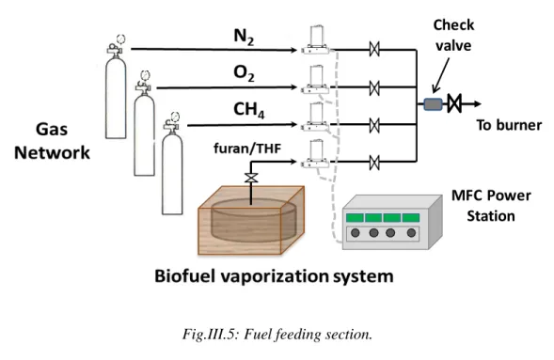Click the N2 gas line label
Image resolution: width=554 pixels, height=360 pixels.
coord(244,37)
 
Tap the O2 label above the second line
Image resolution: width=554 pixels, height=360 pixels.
coord(244,73)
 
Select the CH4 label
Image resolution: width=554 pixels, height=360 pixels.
coord(248,110)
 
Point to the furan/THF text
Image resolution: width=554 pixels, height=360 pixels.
coord(247,149)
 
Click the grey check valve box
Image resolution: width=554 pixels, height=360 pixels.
coord(434,104)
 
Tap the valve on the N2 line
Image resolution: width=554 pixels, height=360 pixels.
coord(374,49)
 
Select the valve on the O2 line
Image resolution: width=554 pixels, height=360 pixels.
coord(374,87)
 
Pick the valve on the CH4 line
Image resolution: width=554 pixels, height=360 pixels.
coord(374,126)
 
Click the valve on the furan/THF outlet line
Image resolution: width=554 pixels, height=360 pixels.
coord(374,163)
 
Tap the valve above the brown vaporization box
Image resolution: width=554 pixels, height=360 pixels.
coord(251,178)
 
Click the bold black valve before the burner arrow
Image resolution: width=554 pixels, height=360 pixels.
coord(454,103)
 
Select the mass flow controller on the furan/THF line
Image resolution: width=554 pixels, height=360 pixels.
coord(316,154)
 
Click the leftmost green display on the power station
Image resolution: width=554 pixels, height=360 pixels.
coord(355,217)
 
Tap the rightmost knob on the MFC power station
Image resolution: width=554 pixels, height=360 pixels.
coord(411,233)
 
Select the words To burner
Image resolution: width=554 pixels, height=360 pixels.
coord(509,125)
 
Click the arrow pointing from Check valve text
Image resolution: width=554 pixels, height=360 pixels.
coord(441,75)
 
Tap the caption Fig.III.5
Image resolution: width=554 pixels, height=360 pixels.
coord(211,334)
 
